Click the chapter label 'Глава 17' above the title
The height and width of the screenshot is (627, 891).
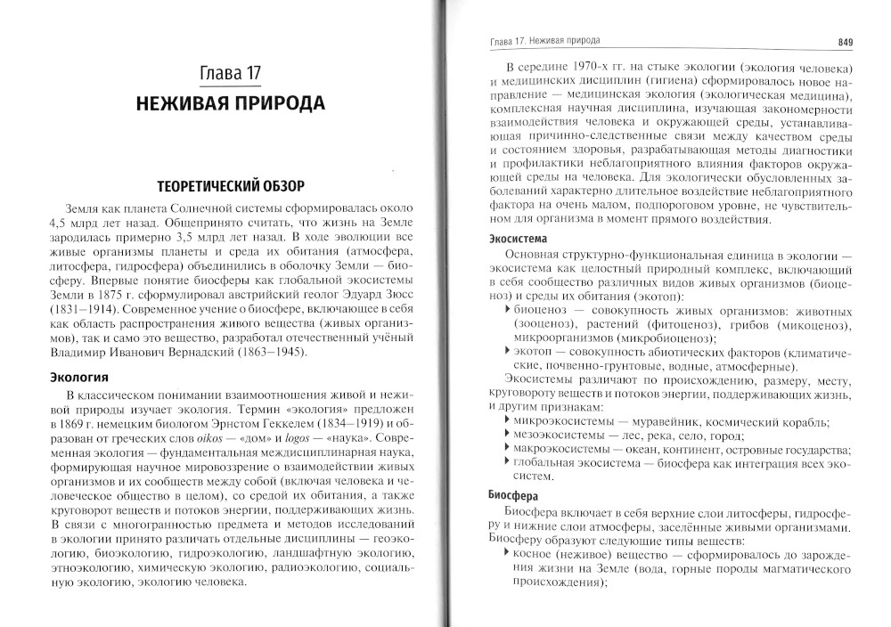231,73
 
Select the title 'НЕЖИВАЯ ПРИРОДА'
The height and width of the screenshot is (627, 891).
231,103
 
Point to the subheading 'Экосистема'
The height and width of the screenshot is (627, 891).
519,239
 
